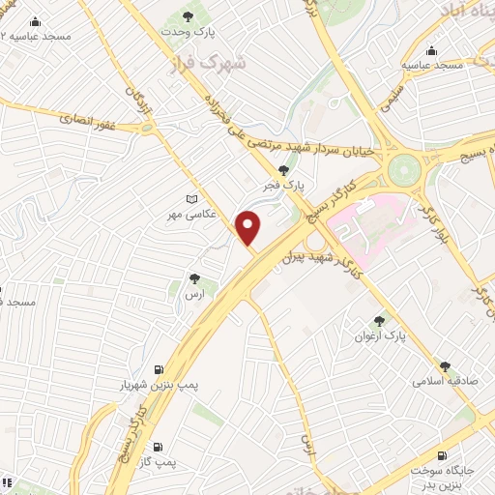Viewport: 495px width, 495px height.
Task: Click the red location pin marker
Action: pos(248,227)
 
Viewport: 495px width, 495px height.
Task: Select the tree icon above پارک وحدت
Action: pos(188,17)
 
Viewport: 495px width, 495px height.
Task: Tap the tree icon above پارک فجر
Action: pos(282,168)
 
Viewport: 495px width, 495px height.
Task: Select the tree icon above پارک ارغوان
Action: pos(380,321)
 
